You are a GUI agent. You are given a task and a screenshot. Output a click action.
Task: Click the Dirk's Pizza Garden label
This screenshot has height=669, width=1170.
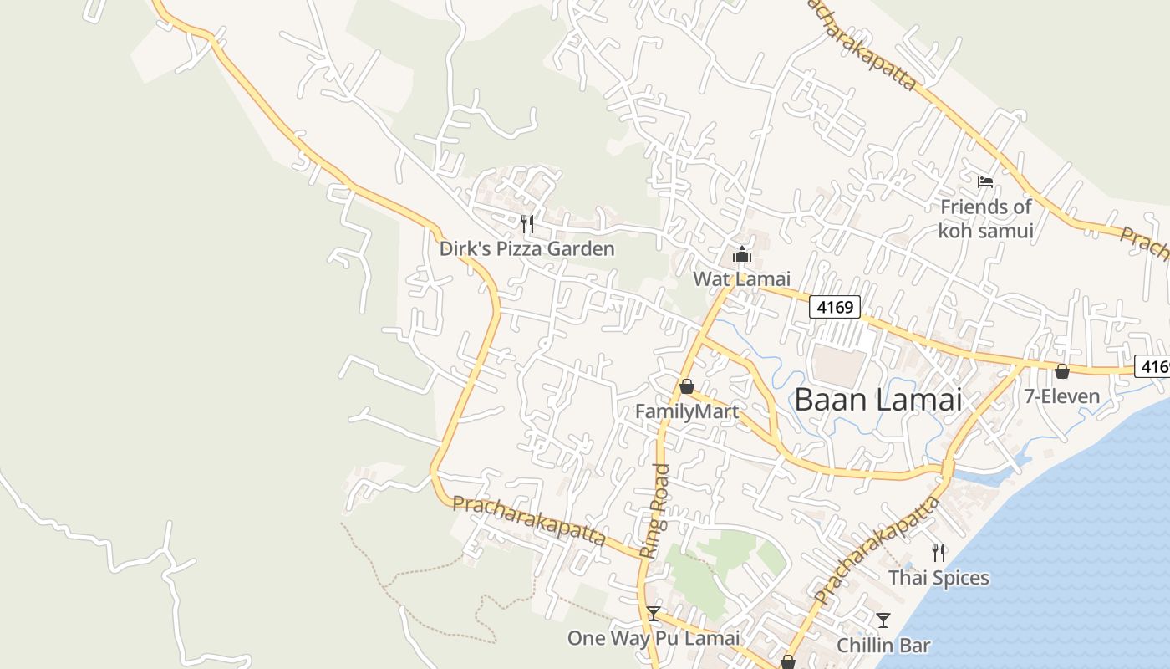pos(527,248)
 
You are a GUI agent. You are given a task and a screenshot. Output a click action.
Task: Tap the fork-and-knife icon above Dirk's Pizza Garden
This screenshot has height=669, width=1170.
pos(527,223)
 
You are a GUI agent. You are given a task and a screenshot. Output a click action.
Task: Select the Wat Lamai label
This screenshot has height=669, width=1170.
pos(741,278)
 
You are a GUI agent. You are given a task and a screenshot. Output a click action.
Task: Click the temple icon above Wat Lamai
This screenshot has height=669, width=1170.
pos(741,254)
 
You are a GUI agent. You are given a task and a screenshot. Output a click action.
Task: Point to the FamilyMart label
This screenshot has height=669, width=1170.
pos(687,411)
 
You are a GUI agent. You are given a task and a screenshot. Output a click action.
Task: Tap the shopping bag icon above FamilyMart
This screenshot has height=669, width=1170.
pos(687,386)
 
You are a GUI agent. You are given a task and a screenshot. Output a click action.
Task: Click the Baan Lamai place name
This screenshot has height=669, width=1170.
pos(878,400)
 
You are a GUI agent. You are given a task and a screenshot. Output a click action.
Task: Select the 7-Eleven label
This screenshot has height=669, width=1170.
pos(1062,396)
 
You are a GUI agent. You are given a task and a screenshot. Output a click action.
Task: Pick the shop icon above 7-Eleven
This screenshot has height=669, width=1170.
pos(1062,371)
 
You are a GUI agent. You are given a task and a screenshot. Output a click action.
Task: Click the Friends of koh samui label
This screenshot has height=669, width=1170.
pos(986,218)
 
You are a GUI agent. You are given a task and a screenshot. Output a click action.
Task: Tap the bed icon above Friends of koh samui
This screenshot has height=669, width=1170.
pos(985,181)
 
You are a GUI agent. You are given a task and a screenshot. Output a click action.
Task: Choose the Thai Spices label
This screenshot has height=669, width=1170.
pos(939,578)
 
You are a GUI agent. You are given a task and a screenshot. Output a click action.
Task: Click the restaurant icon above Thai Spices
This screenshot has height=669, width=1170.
pos(939,552)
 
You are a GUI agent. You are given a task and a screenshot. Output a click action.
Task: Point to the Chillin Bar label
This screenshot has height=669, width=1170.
pos(883,646)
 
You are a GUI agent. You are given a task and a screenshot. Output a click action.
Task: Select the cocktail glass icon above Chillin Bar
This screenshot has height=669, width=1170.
pos(883,620)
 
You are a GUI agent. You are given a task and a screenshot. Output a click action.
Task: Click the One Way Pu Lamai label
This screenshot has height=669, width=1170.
pos(654,638)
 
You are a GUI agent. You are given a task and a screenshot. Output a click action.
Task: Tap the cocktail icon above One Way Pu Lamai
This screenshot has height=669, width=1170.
pos(654,614)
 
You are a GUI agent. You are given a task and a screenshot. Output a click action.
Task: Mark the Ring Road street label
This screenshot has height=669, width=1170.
pos(654,510)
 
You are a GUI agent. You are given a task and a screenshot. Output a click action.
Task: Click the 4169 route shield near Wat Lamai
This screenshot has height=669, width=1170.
pos(835,308)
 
